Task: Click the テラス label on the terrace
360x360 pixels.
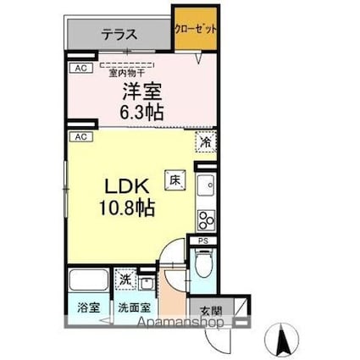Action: pyautogui.click(x=121, y=36)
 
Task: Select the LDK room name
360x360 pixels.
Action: pyautogui.click(x=126, y=186)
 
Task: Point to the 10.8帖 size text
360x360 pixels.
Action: pyautogui.click(x=130, y=207)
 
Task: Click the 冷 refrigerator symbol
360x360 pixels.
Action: pyautogui.click(x=206, y=143)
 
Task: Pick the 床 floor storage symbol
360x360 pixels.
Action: pyautogui.click(x=174, y=179)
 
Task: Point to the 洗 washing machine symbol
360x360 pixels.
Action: pyautogui.click(x=125, y=279)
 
